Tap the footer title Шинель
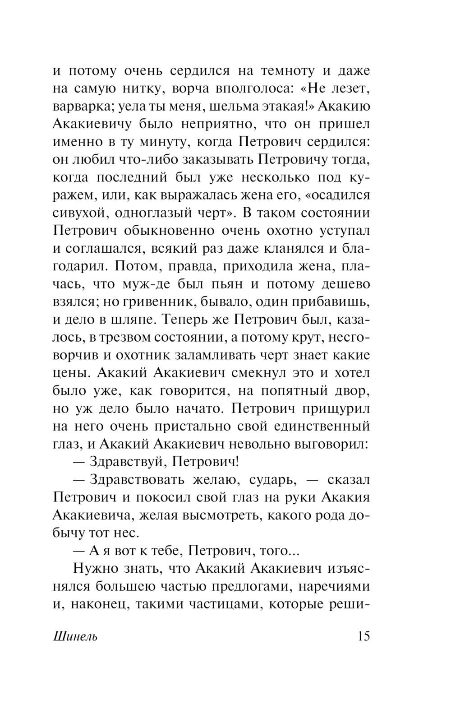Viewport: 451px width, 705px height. pos(75,637)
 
